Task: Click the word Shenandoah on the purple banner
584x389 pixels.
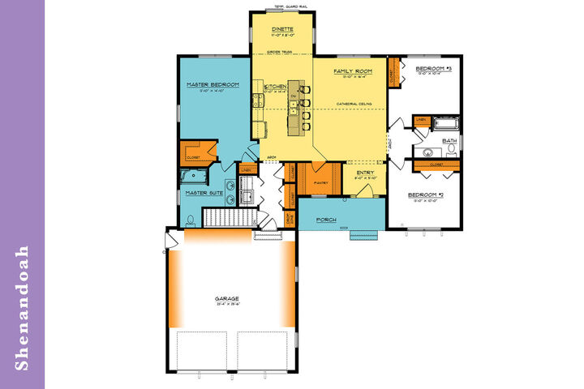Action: (22, 309)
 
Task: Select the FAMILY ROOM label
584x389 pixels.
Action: (353, 71)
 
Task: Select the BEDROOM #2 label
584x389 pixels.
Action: (424, 195)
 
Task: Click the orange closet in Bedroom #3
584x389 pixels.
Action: (394, 75)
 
